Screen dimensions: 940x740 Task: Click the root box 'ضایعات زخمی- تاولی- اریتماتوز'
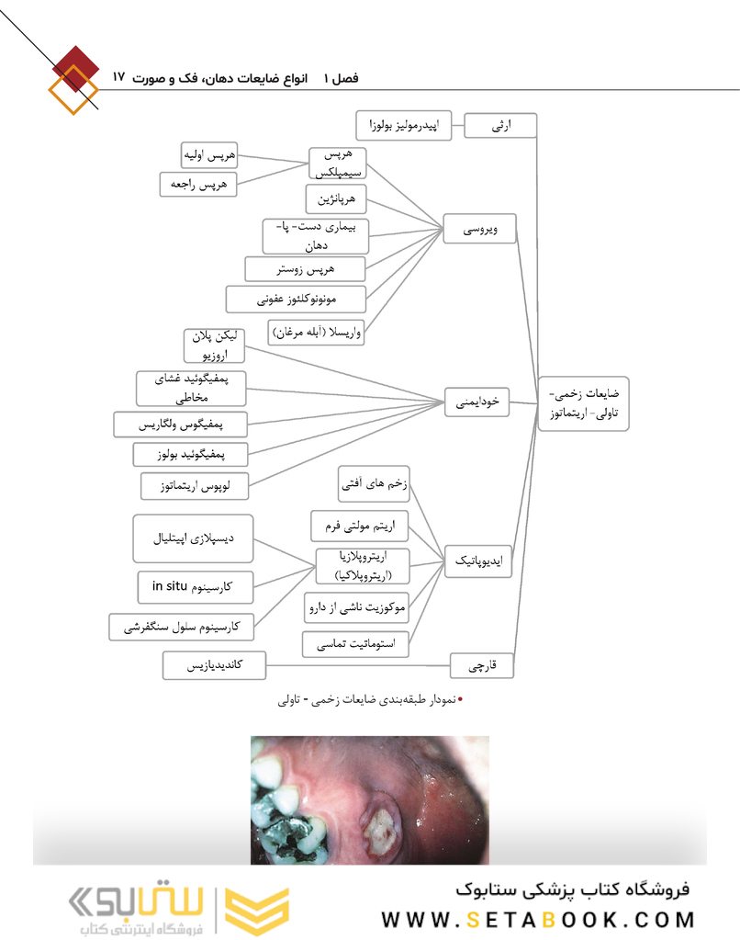coord(583,403)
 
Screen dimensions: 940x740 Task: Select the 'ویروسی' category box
coord(478,229)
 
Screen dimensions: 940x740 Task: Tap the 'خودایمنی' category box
coord(478,402)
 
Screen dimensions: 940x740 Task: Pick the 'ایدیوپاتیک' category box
coord(478,560)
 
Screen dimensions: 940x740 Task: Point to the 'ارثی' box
coord(500,125)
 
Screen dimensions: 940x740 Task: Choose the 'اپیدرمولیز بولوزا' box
coord(404,125)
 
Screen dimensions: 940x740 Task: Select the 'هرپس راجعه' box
coord(197,184)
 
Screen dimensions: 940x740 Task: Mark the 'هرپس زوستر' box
coord(306,269)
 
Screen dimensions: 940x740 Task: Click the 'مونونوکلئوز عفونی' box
coord(296,299)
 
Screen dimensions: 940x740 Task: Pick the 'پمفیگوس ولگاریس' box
coord(181,425)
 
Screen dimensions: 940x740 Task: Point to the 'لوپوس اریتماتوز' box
coord(195,485)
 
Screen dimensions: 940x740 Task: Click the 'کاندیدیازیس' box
coord(214,665)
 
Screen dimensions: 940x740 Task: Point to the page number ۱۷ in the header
coord(119,77)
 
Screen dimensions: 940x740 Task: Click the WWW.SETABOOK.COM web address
coord(537,919)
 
